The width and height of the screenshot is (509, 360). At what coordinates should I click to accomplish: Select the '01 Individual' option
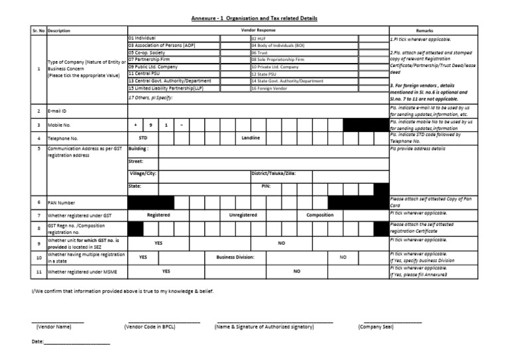[142, 39]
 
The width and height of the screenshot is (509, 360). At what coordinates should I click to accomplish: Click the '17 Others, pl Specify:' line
[150, 97]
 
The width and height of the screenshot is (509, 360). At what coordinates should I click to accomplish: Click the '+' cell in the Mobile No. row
[135, 125]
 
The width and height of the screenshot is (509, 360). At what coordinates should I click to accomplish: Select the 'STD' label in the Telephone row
[142, 138]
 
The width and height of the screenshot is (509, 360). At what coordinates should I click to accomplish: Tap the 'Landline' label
[251, 138]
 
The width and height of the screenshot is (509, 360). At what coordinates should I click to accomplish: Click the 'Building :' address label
[139, 149]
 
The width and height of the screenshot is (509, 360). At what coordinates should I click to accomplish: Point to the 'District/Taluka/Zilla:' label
[274, 173]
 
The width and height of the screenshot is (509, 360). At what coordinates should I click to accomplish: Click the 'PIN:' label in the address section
[258, 187]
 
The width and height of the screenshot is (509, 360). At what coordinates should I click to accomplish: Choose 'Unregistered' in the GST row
[243, 215]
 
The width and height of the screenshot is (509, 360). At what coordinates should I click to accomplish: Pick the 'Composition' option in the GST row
[319, 215]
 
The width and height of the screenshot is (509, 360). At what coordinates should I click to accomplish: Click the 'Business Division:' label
[235, 257]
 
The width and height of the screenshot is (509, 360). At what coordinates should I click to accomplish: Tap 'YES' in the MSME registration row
[166, 271]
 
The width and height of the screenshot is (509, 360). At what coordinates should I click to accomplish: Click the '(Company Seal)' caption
[375, 327]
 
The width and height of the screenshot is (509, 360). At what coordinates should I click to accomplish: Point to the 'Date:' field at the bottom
[38, 342]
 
